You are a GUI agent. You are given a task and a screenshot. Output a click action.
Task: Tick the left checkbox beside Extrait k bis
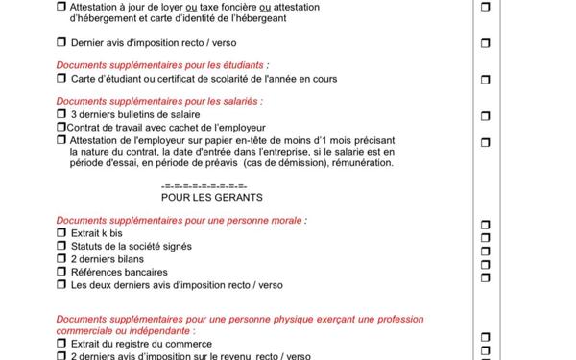tap(61, 233)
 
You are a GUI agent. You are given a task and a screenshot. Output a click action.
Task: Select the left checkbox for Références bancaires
tap(61, 273)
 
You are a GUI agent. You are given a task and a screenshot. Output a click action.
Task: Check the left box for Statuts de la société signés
tap(61, 247)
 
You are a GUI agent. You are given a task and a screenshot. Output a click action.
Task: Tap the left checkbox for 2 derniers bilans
tap(61, 259)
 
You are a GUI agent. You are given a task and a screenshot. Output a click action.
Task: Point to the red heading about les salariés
tap(145, 101)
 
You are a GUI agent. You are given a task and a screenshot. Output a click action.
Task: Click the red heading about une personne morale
tap(181, 220)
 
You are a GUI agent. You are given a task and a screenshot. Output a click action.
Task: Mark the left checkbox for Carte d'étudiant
tap(61, 78)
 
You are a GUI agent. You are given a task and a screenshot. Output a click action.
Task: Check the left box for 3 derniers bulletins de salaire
tap(61, 114)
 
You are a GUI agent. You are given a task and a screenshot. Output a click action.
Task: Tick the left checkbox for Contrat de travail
tap(60, 127)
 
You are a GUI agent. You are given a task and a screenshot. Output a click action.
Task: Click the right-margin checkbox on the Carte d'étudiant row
tap(485, 78)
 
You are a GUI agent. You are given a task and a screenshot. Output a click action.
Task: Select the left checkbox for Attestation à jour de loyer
tap(61, 7)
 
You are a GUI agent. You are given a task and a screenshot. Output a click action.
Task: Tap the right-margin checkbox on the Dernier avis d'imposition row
tap(485, 43)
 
